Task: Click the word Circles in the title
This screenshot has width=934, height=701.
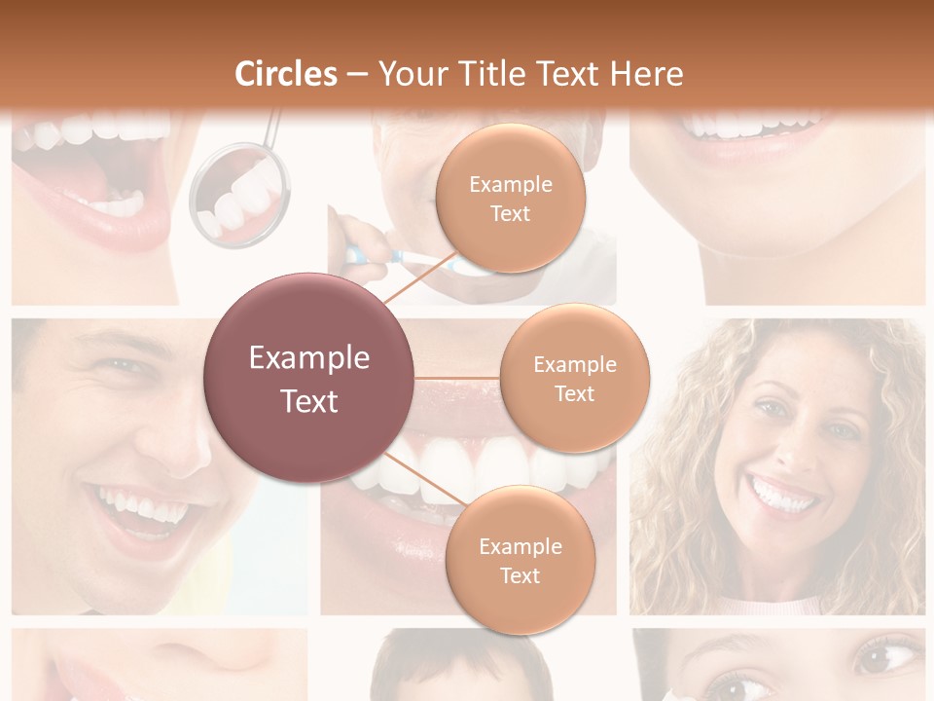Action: tap(286, 74)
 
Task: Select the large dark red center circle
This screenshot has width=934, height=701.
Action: tap(309, 379)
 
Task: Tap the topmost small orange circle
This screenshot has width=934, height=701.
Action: tap(510, 199)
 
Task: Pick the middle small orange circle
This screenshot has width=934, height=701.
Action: tap(574, 379)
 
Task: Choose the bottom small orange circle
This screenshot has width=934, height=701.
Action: tap(520, 561)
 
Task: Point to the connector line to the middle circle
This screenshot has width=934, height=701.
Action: tap(457, 378)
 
